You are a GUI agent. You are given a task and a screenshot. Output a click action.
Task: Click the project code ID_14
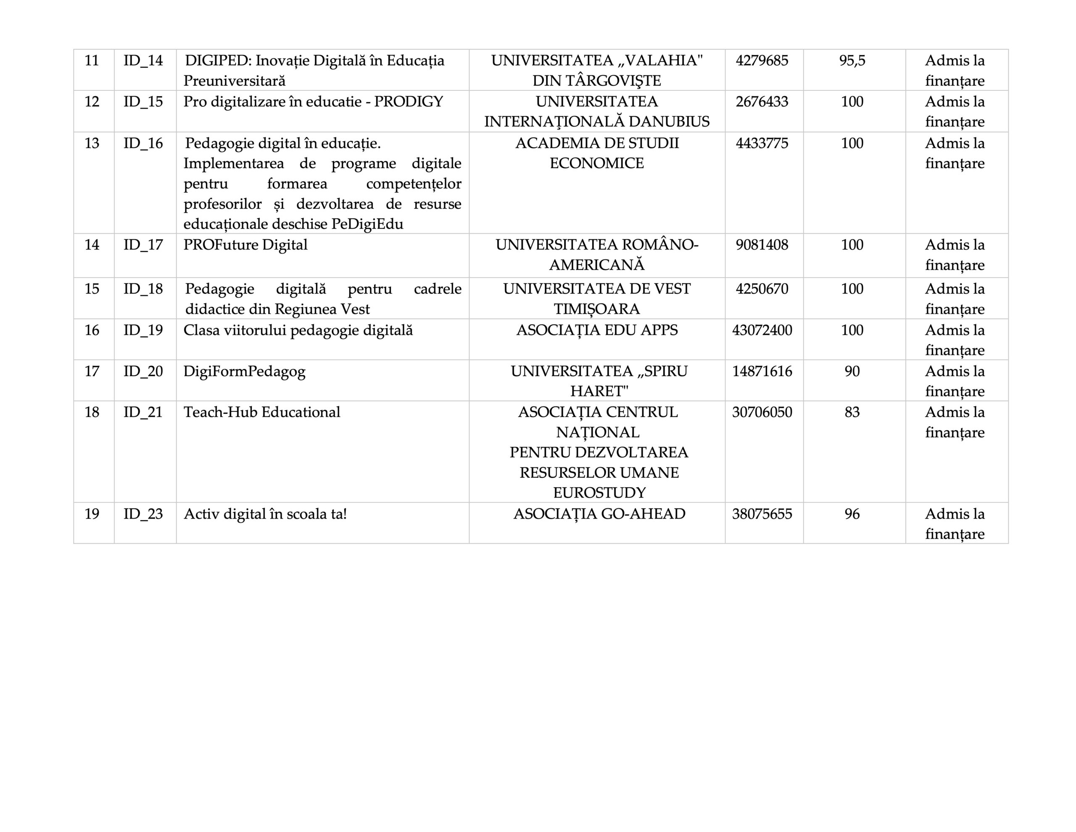click(x=143, y=61)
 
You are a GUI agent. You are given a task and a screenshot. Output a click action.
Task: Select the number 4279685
click(x=762, y=61)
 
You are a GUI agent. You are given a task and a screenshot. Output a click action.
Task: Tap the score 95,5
click(x=852, y=61)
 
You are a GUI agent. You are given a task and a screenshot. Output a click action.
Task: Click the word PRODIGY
click(x=409, y=102)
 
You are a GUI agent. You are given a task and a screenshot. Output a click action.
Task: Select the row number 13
click(x=92, y=143)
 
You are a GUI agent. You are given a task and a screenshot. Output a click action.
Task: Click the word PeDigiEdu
click(x=367, y=224)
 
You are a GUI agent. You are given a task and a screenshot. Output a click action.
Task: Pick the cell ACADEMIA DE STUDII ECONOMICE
click(x=596, y=154)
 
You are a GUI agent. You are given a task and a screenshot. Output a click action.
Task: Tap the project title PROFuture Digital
click(x=245, y=245)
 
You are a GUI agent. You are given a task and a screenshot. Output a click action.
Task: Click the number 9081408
click(x=762, y=245)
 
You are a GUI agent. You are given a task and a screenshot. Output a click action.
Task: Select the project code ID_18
click(x=143, y=289)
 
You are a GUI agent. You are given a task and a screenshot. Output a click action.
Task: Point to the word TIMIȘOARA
click(x=596, y=309)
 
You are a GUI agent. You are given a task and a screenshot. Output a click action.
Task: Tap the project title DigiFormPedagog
click(x=244, y=371)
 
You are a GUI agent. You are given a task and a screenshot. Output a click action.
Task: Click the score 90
click(x=852, y=371)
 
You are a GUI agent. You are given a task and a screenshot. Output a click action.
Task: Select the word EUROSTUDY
click(x=599, y=493)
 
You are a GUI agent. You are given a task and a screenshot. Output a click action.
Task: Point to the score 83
click(x=852, y=412)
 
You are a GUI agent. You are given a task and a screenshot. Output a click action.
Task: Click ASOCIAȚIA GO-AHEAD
click(x=599, y=514)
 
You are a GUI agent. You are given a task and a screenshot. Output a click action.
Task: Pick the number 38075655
click(x=762, y=514)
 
